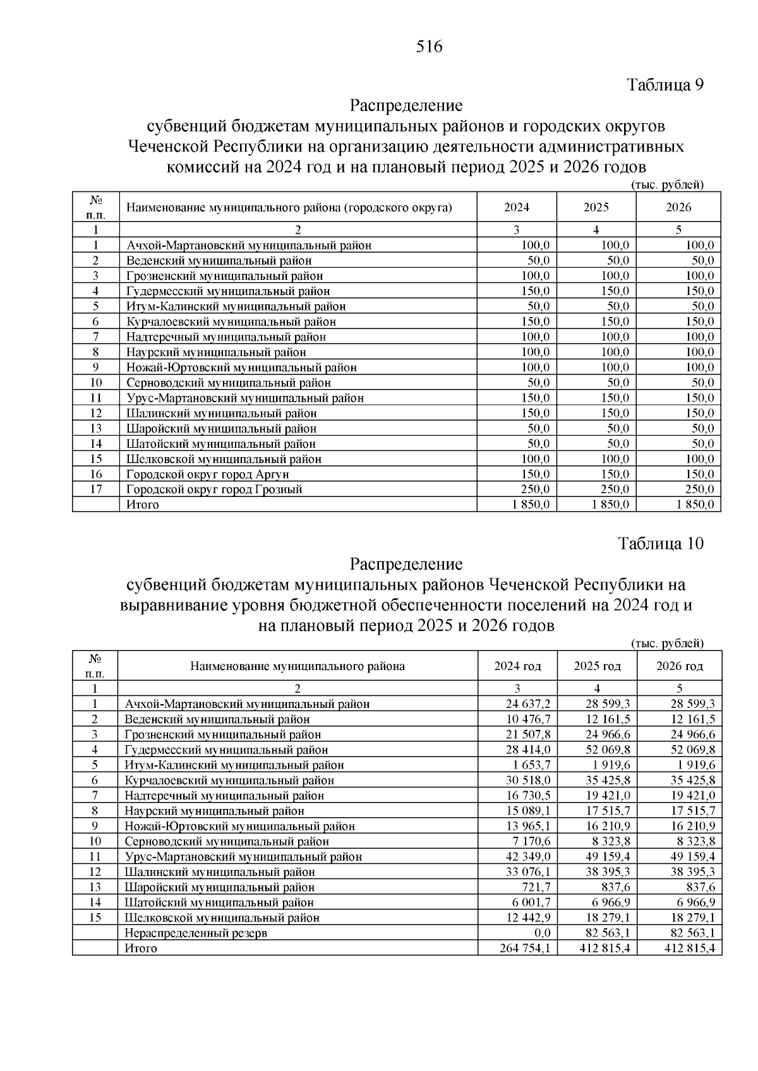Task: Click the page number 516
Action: click(x=430, y=47)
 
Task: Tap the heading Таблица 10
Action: click(x=661, y=543)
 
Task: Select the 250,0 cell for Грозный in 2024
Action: click(x=534, y=489)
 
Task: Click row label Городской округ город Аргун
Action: click(x=208, y=474)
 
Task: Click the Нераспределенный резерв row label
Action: click(x=196, y=933)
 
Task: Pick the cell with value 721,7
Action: click(x=534, y=887)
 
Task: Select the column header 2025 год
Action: click(x=597, y=666)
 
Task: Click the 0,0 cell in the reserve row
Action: click(x=542, y=933)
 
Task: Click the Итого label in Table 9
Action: click(x=143, y=505)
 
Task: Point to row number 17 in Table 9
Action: click(x=95, y=489)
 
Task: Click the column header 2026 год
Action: click(x=679, y=666)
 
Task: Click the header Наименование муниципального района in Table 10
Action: click(x=298, y=666)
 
